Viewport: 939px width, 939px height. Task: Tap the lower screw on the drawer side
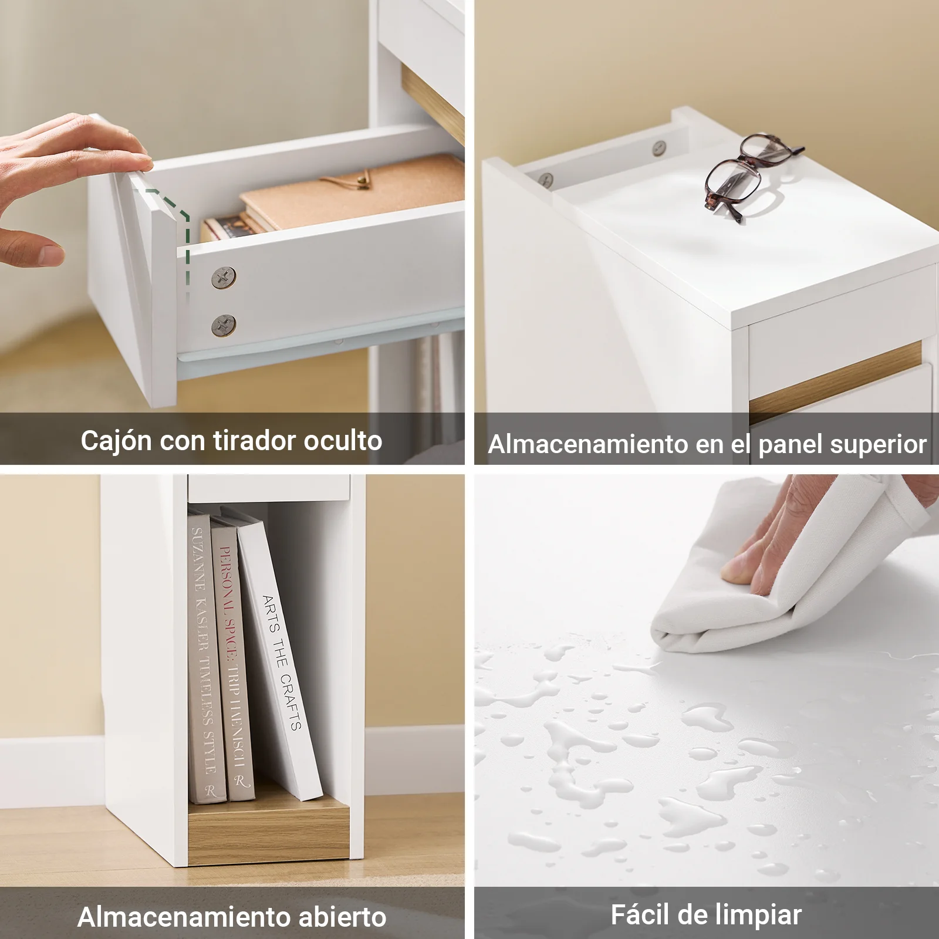pos(224,325)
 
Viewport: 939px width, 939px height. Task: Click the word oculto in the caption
pos(343,440)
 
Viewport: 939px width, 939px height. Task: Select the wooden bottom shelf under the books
pos(268,829)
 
